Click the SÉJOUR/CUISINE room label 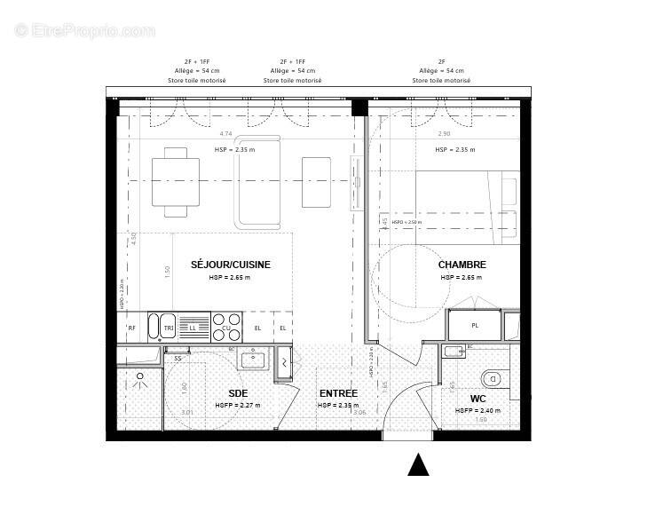click(x=230, y=265)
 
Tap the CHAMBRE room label click(x=462, y=265)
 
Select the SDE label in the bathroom click(x=237, y=393)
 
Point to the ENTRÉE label click(x=338, y=393)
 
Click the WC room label click(x=478, y=399)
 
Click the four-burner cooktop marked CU click(x=225, y=327)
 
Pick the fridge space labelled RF click(x=131, y=328)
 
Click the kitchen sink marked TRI click(x=166, y=328)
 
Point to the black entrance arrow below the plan click(x=418, y=465)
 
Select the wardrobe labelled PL click(x=475, y=325)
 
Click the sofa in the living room click(x=257, y=181)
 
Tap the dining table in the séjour click(x=175, y=181)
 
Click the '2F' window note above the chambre click(x=441, y=61)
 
